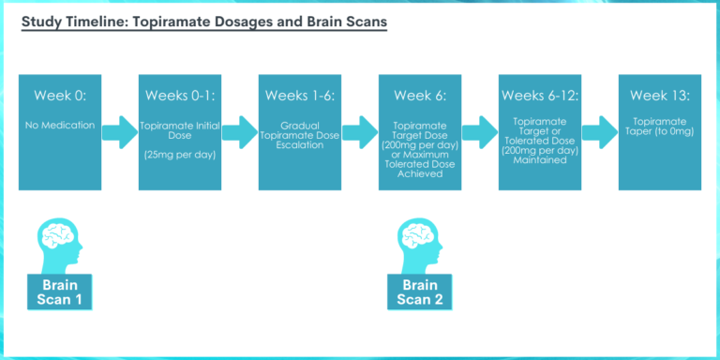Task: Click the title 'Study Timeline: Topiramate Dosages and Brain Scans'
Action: pyautogui.click(x=203, y=22)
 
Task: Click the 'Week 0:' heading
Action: pyautogui.click(x=58, y=96)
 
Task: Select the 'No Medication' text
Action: pyautogui.click(x=58, y=124)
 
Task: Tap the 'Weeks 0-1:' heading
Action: pyautogui.click(x=180, y=96)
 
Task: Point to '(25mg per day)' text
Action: pyautogui.click(x=180, y=155)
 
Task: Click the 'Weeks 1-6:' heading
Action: pyautogui.click(x=300, y=96)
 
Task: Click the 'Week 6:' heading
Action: pyautogui.click(x=420, y=96)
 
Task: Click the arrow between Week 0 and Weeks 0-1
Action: pyautogui.click(x=119, y=131)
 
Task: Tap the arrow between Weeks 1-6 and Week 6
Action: pyautogui.click(x=360, y=131)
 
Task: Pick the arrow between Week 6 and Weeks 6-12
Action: pyautogui.click(x=479, y=131)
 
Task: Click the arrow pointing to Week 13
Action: pyautogui.click(x=599, y=131)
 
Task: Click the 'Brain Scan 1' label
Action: pyautogui.click(x=58, y=291)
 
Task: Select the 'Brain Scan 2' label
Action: pyautogui.click(x=420, y=291)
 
